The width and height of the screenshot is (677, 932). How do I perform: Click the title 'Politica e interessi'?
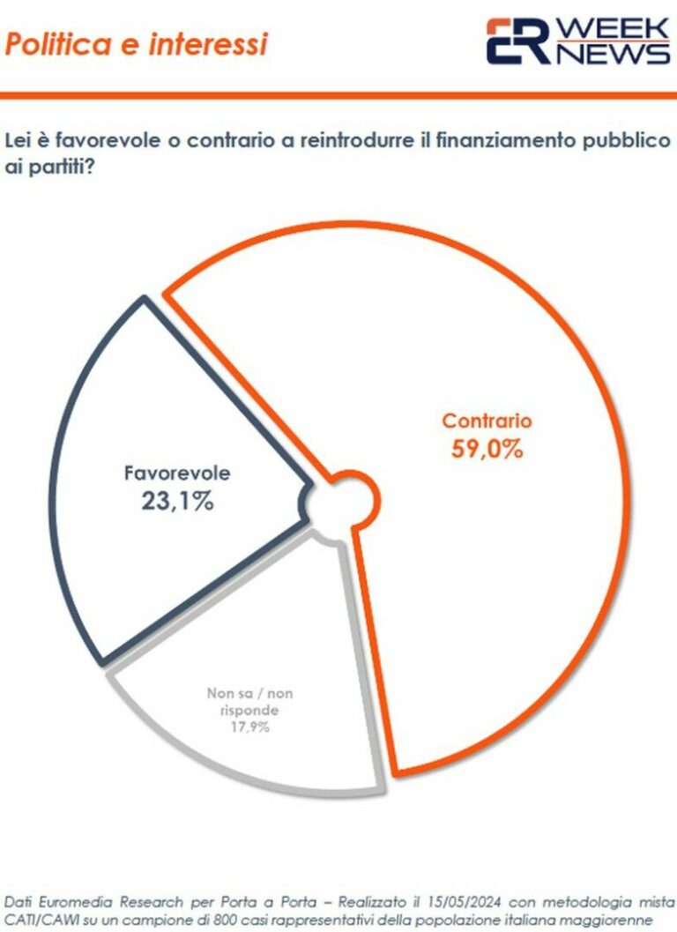pos(136,43)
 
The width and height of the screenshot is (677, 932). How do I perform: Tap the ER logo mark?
pos(517,41)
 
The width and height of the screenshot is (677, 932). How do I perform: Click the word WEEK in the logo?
pos(612,29)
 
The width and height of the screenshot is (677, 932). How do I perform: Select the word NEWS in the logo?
pos(612,54)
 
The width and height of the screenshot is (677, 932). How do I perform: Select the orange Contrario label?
pos(487,421)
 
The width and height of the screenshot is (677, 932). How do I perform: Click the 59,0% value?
pos(487,449)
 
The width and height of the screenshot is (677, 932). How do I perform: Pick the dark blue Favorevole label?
pos(177,473)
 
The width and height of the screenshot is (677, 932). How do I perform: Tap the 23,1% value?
pos(177,502)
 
